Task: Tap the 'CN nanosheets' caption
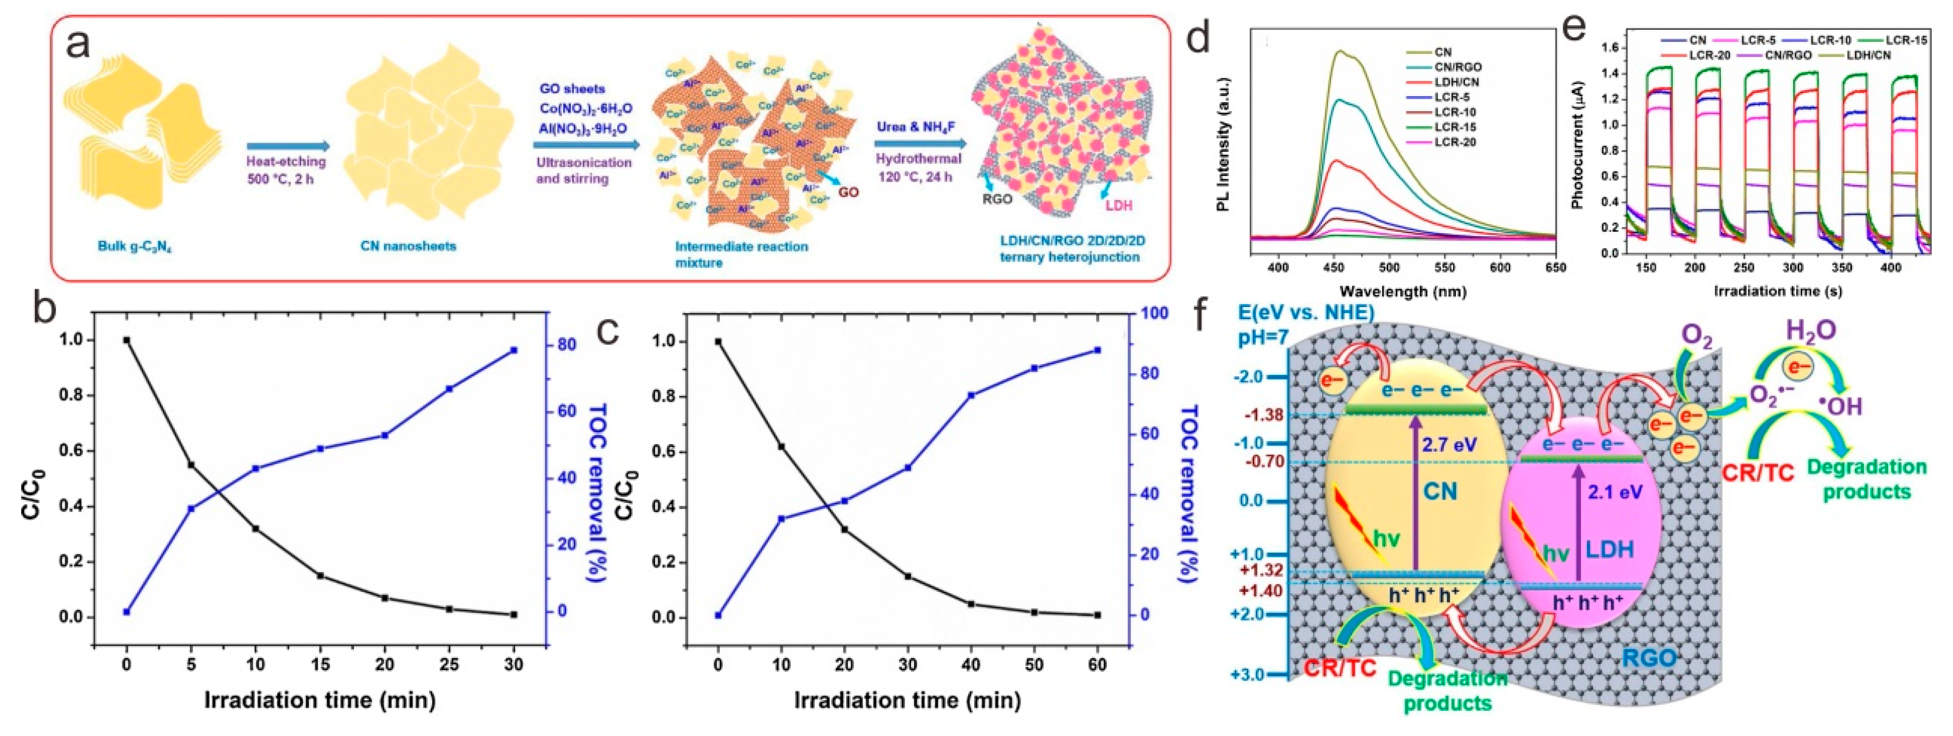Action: point(408,246)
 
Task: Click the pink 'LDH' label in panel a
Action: point(1118,205)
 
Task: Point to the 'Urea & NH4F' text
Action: point(918,126)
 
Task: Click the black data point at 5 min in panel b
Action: point(191,464)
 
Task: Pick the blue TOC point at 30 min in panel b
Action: point(514,350)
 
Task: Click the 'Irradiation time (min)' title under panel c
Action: point(907,700)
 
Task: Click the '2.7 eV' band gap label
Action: point(1449,445)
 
